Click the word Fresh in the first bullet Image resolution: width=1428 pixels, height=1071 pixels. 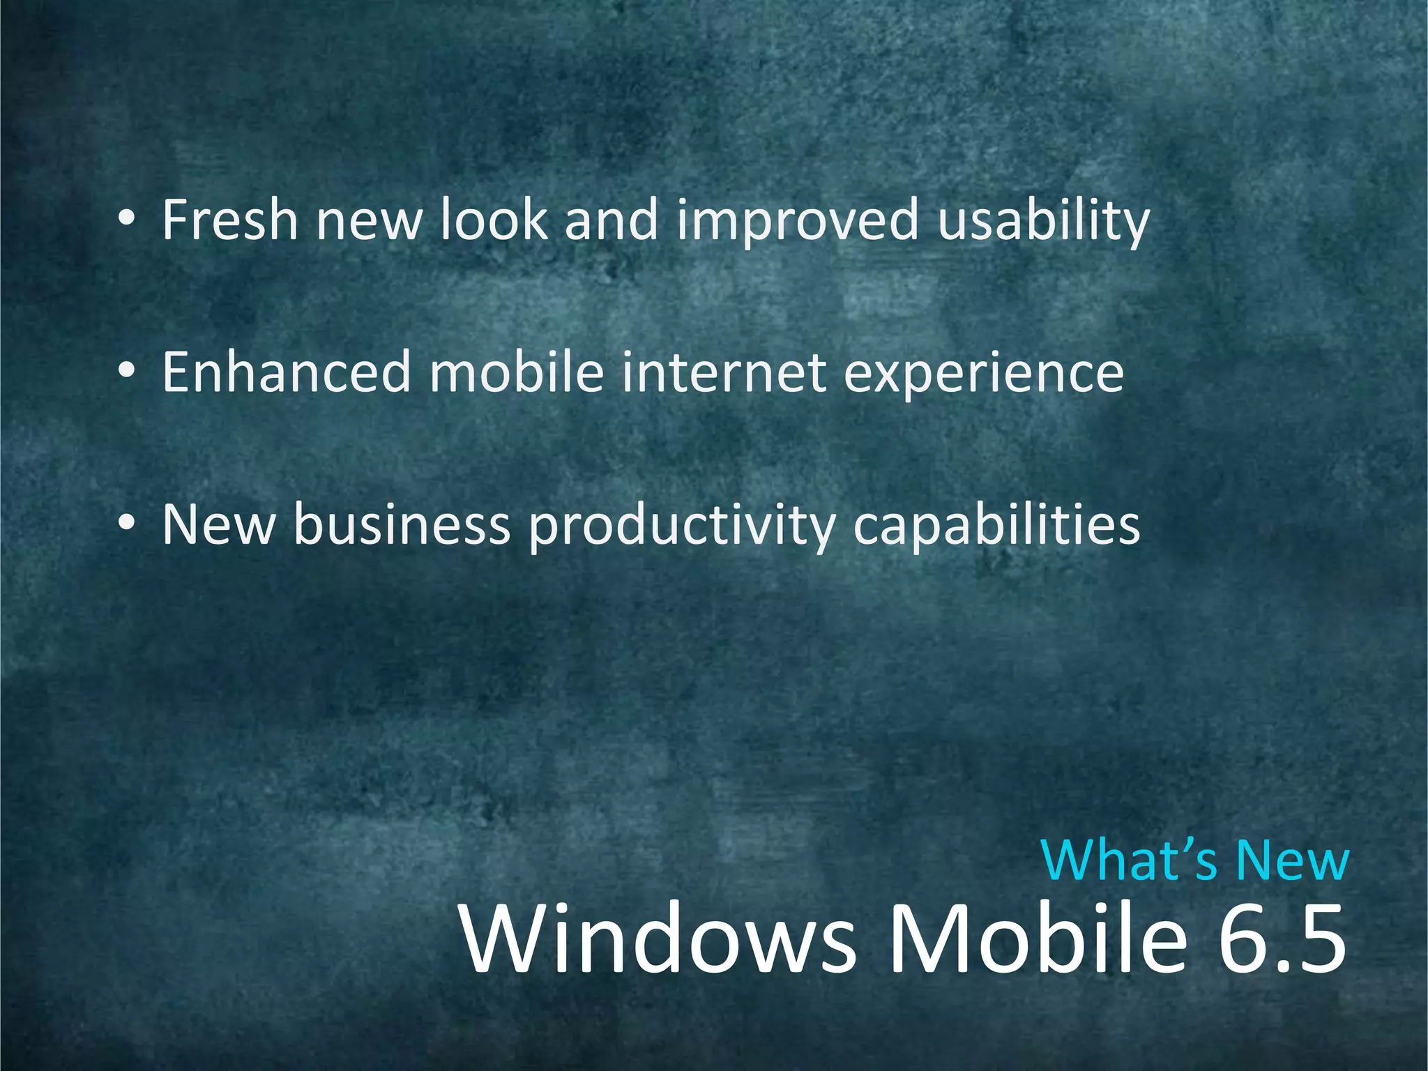(x=230, y=220)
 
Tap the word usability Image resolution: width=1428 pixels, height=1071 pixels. (x=1043, y=222)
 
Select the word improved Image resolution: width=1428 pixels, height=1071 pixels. (x=798, y=222)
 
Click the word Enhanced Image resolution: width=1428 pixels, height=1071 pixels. (x=286, y=372)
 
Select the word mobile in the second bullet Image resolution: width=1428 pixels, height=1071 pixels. (x=516, y=372)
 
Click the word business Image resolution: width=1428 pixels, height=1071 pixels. (x=402, y=524)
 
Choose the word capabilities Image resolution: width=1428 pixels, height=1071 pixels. (x=996, y=527)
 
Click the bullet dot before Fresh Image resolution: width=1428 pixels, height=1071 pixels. (x=126, y=222)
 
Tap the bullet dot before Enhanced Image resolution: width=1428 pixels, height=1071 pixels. (x=126, y=374)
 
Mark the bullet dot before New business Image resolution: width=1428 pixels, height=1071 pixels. (x=126, y=525)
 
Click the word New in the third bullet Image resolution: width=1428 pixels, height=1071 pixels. (x=218, y=524)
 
